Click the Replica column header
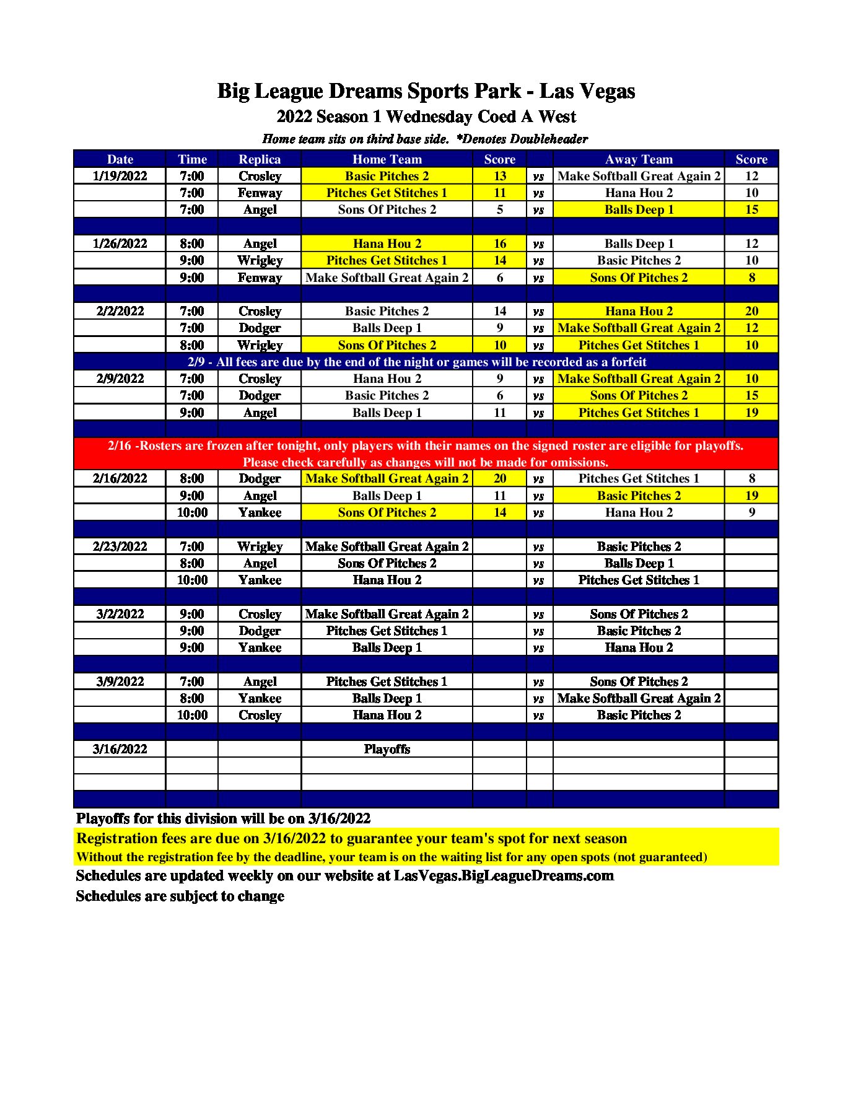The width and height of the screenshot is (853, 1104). (x=260, y=159)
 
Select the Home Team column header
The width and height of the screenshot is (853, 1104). (x=387, y=159)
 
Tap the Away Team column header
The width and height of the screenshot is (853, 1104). (x=638, y=159)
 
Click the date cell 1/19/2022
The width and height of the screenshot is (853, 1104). (x=120, y=176)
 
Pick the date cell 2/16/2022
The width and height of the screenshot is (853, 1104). (x=120, y=478)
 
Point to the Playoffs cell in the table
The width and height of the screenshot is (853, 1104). (x=387, y=749)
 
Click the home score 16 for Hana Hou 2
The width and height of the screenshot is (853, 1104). (x=499, y=243)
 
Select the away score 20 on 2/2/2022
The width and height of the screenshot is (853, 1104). (x=751, y=311)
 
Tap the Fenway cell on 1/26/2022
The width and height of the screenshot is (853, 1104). (x=260, y=278)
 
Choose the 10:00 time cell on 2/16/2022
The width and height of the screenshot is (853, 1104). (x=192, y=512)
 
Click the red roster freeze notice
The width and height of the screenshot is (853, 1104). (x=426, y=454)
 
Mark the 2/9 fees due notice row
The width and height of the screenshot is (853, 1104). (x=417, y=362)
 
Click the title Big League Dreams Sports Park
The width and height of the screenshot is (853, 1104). (x=426, y=91)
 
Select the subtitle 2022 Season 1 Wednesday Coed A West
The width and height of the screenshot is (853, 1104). (x=426, y=116)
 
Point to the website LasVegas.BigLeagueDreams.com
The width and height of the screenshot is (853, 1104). (x=504, y=875)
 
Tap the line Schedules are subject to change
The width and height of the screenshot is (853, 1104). (x=180, y=896)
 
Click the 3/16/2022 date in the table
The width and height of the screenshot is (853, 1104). (x=120, y=749)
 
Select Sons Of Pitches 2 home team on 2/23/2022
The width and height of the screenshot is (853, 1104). (x=387, y=563)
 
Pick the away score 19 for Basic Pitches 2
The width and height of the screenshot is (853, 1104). (x=751, y=496)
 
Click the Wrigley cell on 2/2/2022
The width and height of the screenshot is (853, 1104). (x=260, y=345)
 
